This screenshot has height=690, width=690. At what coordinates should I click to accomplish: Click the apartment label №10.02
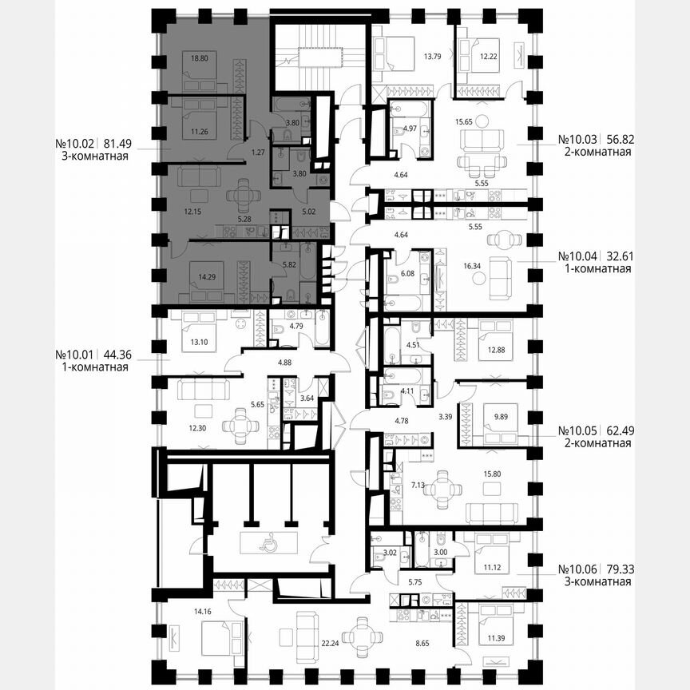(x=75, y=144)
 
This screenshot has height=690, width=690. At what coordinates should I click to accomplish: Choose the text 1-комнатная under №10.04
(x=595, y=269)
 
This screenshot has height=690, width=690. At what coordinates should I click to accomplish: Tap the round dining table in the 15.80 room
(x=441, y=490)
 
